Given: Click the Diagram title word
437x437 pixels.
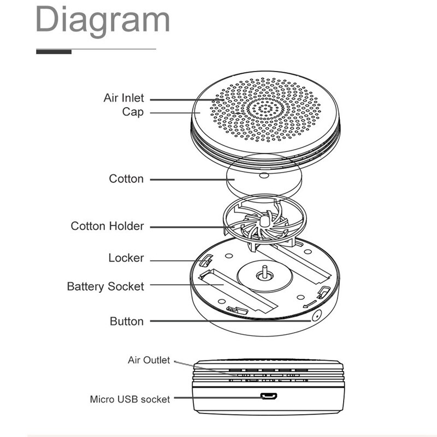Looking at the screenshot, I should (103, 21).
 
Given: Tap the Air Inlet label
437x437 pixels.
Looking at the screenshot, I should (123, 98).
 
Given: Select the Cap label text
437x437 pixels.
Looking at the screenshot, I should (133, 112).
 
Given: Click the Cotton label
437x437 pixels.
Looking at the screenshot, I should (126, 179).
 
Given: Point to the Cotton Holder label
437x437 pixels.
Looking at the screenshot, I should (107, 226).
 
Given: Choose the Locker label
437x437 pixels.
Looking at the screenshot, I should (126, 258).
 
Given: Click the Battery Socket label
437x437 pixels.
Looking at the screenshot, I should (105, 286).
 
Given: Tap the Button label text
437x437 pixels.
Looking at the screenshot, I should (127, 321).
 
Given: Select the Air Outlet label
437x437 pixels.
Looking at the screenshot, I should (149, 360).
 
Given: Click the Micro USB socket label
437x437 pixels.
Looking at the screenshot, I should (130, 399).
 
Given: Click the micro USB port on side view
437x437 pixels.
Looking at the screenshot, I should (268, 397).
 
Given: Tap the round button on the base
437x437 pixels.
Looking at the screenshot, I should (317, 316).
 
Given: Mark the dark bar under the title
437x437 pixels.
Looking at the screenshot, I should (54, 52).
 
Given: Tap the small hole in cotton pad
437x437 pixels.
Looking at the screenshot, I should (264, 176).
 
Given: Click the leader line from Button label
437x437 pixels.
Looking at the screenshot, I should (229, 321).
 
